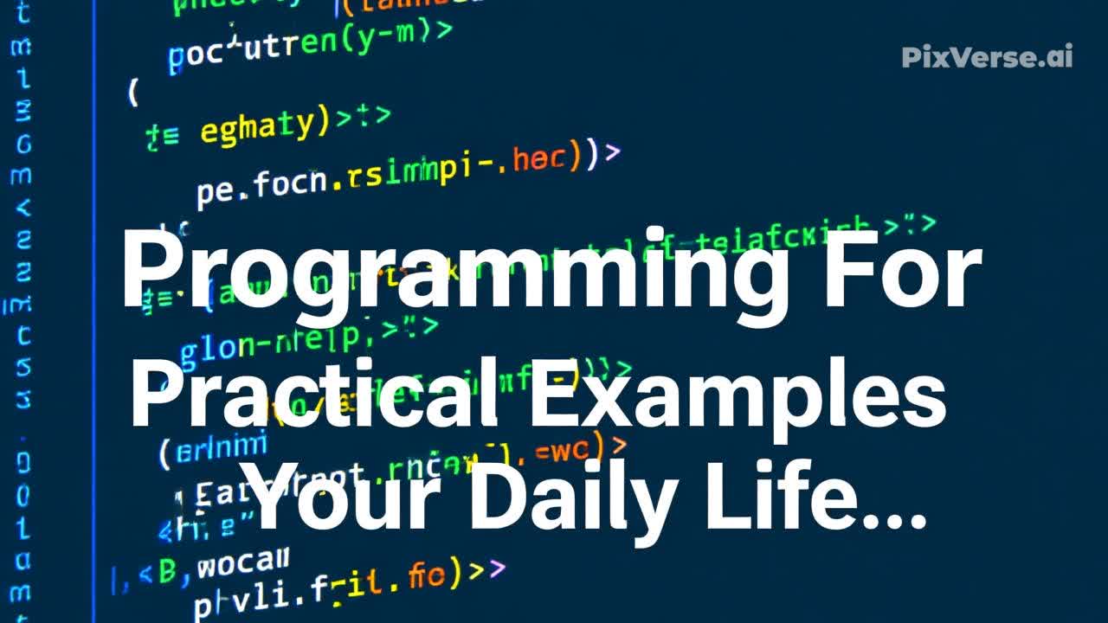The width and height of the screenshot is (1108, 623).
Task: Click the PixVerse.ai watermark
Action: (x=987, y=57)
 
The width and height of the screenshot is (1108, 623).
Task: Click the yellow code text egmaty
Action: (x=257, y=127)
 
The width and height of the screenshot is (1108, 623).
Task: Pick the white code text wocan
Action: (x=242, y=566)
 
